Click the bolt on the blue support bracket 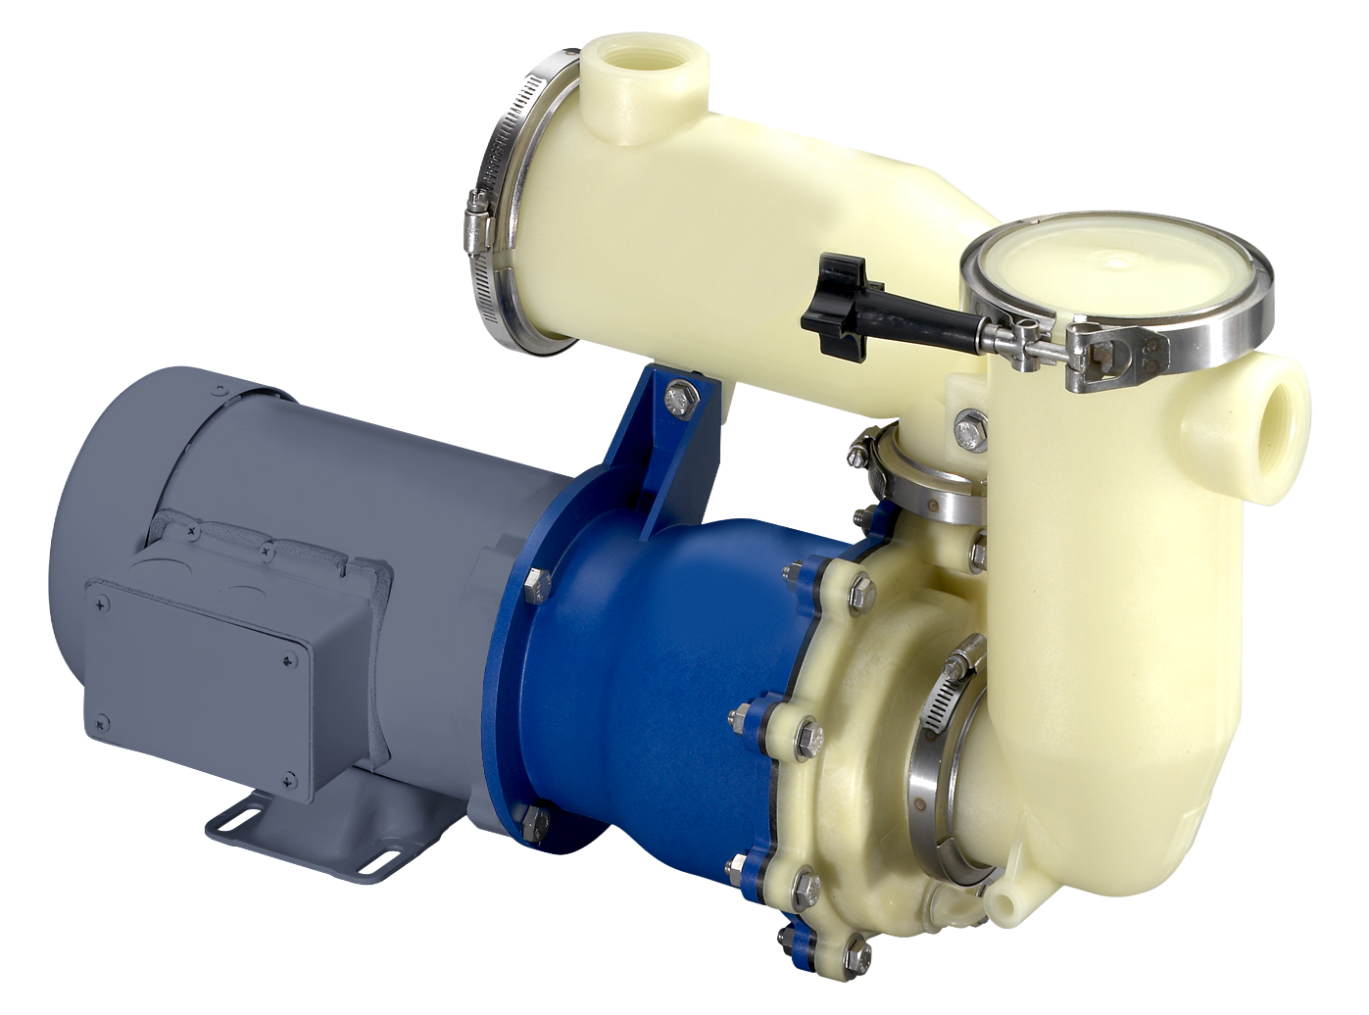[676, 396]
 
